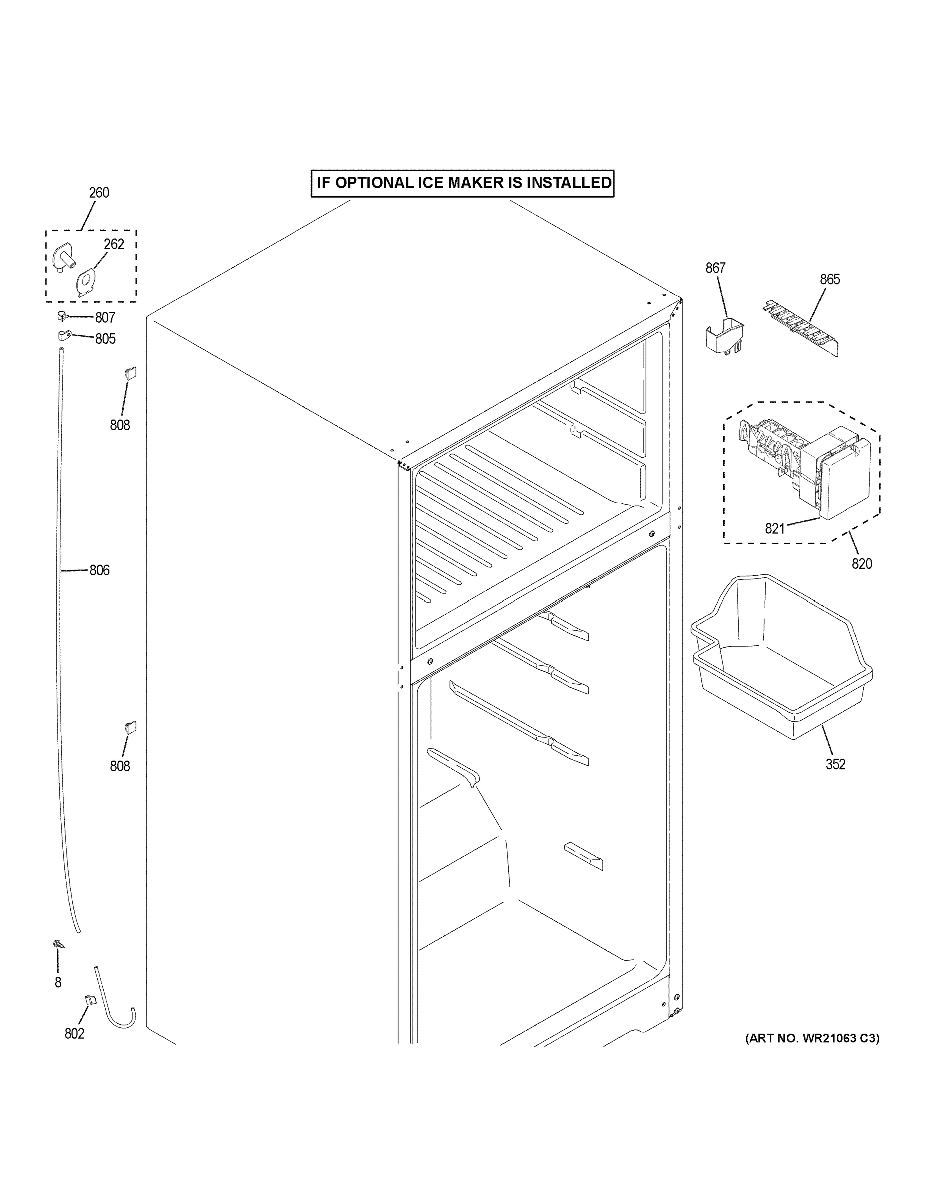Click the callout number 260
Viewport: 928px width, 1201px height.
point(99,193)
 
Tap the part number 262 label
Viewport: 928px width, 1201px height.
point(114,244)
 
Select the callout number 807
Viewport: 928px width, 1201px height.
point(105,317)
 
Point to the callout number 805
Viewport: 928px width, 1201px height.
point(105,339)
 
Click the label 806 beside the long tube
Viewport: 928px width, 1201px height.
point(99,571)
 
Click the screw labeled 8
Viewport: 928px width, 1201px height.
point(57,944)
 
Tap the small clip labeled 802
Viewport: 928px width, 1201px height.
point(89,1000)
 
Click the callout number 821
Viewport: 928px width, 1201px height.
point(774,529)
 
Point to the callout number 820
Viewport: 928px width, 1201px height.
point(861,563)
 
